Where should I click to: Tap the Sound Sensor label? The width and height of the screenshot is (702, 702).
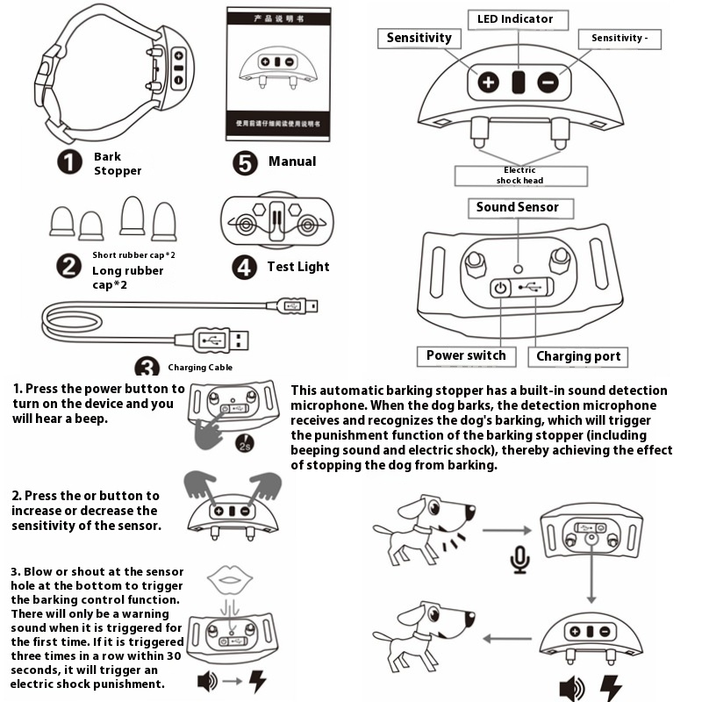[x=518, y=208]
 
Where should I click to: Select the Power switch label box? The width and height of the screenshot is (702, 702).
[x=466, y=355]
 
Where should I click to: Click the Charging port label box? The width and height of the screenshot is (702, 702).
[x=578, y=356]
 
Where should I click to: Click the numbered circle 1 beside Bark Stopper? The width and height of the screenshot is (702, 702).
[x=69, y=162]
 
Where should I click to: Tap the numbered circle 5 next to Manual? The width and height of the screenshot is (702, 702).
[x=245, y=162]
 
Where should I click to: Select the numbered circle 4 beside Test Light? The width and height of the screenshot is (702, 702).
[x=244, y=267]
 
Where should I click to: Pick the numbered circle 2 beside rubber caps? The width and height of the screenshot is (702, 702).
[x=69, y=267]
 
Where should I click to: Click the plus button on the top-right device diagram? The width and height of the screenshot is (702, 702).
[x=489, y=83]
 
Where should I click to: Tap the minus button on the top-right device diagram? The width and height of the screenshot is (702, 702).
[x=548, y=83]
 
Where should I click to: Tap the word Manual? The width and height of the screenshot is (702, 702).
[x=292, y=161]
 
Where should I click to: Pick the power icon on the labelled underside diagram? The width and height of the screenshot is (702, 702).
[x=500, y=287]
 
